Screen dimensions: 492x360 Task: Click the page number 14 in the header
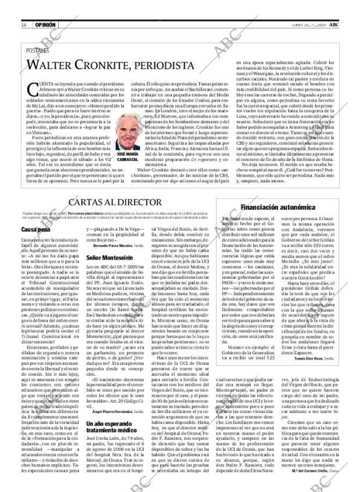pyautogui.click(x=24, y=25)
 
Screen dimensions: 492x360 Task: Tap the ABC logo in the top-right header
pyautogui.click(x=336, y=25)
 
